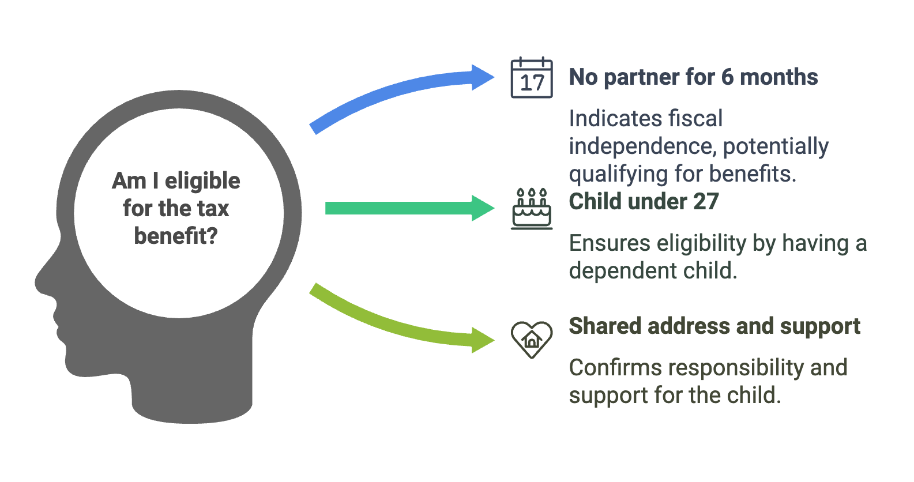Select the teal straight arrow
click(409, 208)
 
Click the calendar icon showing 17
click(532, 77)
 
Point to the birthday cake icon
click(532, 209)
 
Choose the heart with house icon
click(532, 340)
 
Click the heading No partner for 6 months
click(693, 77)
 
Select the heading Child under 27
click(644, 202)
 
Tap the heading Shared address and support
click(714, 326)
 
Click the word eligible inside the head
click(202, 181)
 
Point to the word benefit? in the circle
click(176, 236)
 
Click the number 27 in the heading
click(706, 202)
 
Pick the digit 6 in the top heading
click(727, 77)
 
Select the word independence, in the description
click(643, 146)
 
